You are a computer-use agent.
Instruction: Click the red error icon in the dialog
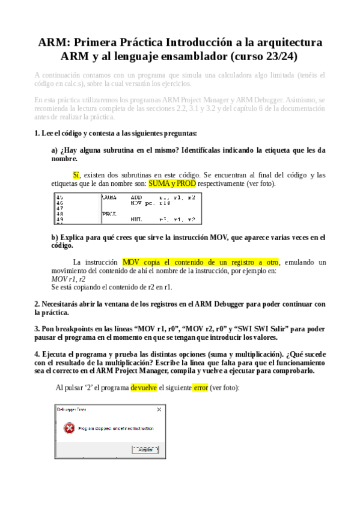tap(70, 428)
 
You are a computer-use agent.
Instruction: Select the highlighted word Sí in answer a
tap(76, 175)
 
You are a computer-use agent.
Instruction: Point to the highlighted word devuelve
tap(144, 388)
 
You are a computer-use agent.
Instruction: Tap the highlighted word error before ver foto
tap(200, 388)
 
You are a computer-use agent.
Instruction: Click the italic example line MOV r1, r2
tap(69, 279)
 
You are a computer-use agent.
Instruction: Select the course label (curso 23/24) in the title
tap(264, 57)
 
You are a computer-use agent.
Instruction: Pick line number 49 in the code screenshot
tap(59, 220)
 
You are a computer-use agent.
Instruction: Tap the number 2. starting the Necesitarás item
tap(37, 304)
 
